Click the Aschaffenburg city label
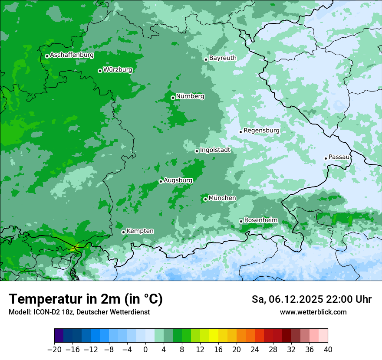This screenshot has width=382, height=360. (72, 55)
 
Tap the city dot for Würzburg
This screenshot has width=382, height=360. (100, 71)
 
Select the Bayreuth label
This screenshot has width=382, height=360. (223, 58)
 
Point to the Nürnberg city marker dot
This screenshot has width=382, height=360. (173, 98)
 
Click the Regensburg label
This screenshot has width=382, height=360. (261, 131)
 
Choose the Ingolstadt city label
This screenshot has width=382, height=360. (215, 150)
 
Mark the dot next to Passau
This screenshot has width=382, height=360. (326, 158)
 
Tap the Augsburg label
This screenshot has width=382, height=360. (178, 180)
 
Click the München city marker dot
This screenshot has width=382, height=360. (205, 200)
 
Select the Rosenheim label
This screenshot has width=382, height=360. (260, 220)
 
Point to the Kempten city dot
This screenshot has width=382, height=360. (123, 232)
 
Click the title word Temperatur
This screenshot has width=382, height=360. (43, 299)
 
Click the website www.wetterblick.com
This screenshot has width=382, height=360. (313, 312)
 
